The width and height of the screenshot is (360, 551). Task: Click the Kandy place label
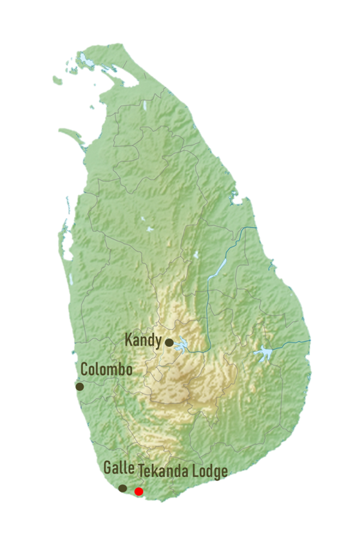pyautogui.click(x=142, y=340)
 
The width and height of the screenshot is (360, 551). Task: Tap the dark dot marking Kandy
pyautogui.click(x=169, y=342)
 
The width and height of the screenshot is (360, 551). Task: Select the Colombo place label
pyautogui.click(x=106, y=370)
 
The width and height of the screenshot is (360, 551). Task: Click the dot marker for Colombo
pyautogui.click(x=80, y=386)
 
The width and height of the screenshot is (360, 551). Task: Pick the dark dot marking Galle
pyautogui.click(x=123, y=488)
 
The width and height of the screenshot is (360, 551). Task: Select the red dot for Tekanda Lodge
pyautogui.click(x=138, y=492)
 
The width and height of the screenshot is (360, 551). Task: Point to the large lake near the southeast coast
pyautogui.click(x=263, y=353)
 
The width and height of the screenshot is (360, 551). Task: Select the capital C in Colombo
pyautogui.click(x=84, y=370)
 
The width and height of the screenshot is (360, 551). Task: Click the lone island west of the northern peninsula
pyautogui.click(x=57, y=80)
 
